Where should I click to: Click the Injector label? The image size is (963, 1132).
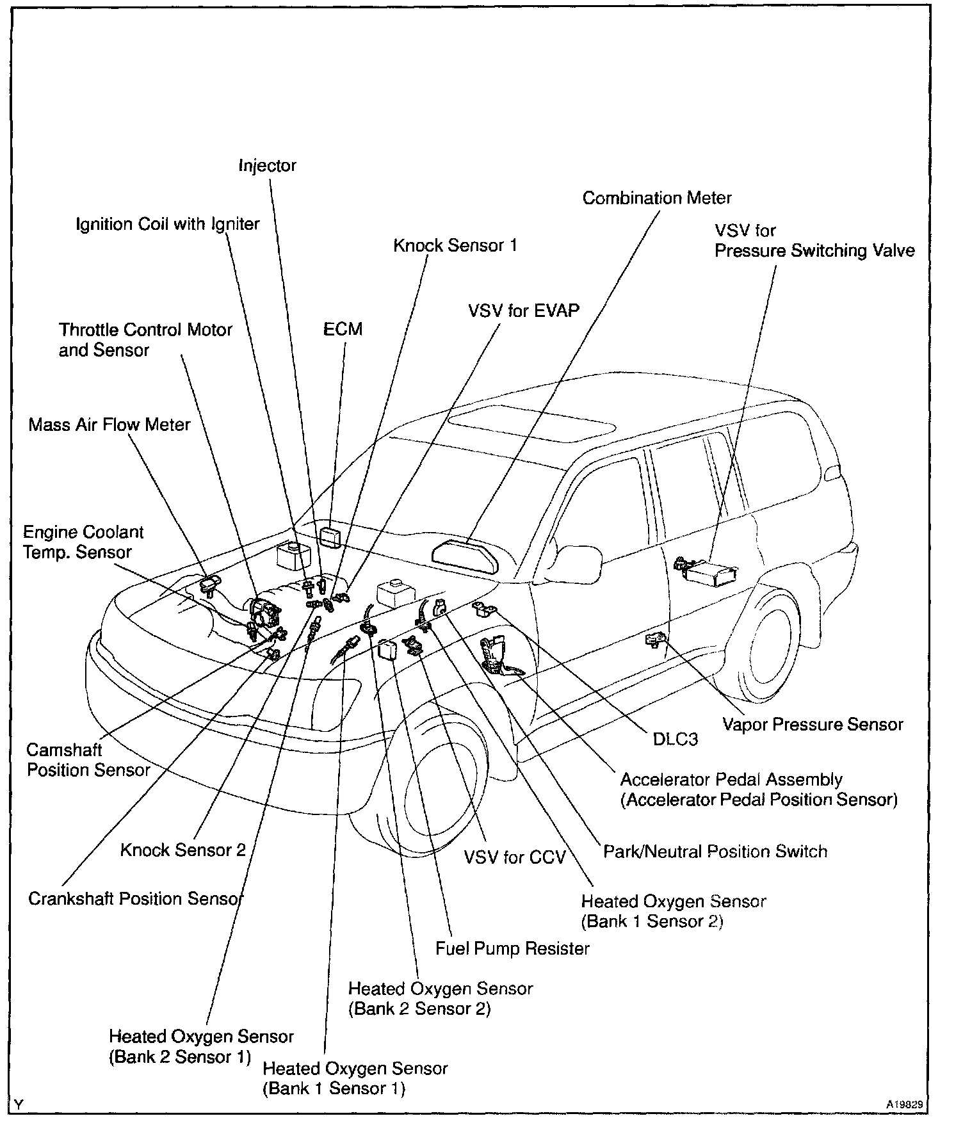tap(268, 166)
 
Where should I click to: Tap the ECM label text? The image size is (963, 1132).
tap(343, 329)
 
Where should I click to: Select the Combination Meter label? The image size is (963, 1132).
tap(657, 198)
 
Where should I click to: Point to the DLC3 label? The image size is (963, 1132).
tap(675, 739)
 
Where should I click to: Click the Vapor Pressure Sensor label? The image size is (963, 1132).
tap(813, 724)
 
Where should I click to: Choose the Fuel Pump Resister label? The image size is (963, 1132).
tap(512, 948)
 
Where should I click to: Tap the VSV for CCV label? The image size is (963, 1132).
tap(515, 857)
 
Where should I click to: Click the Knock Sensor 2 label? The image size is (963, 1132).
tap(183, 850)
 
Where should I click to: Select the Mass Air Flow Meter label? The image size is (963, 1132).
tap(109, 424)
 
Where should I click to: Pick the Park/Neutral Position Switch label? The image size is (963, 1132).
tap(715, 852)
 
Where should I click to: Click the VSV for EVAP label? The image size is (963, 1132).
tap(524, 311)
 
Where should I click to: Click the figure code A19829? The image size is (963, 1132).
tap(905, 1104)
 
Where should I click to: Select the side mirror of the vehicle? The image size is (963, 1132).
tap(580, 560)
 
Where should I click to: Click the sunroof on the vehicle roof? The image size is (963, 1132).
tap(531, 424)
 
